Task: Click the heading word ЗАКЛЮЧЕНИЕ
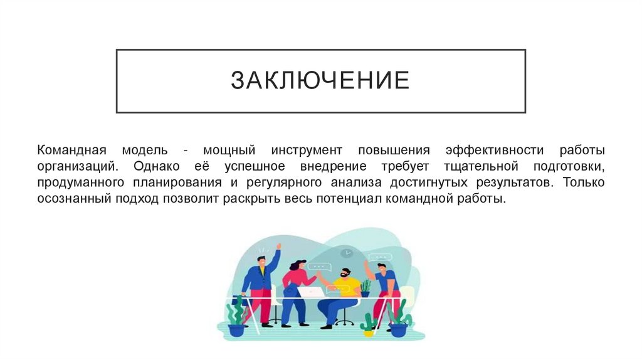click(x=320, y=81)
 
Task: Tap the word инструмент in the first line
click(x=307, y=151)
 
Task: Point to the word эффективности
click(x=493, y=151)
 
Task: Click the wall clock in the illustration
click(x=347, y=253)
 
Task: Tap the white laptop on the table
click(x=312, y=291)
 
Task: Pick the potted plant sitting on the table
click(x=365, y=287)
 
